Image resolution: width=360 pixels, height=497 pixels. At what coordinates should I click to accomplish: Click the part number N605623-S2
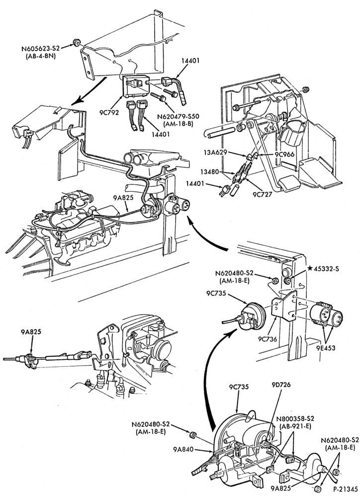(x=41, y=49)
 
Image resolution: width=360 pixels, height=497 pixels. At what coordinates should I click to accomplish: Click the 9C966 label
(x=285, y=155)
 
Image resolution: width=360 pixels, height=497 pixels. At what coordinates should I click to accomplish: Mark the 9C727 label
(x=263, y=194)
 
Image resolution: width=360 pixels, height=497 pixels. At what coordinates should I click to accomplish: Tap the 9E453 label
(x=326, y=348)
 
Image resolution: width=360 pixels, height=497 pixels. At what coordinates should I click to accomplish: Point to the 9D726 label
(x=281, y=385)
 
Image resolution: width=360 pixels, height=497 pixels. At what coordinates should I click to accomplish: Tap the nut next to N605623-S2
(x=76, y=42)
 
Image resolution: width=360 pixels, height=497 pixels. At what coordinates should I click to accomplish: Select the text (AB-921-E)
(x=295, y=426)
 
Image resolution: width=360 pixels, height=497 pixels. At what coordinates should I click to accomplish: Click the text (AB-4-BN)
(x=41, y=57)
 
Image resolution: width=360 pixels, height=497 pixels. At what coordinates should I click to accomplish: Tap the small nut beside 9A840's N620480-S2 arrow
(x=192, y=433)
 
